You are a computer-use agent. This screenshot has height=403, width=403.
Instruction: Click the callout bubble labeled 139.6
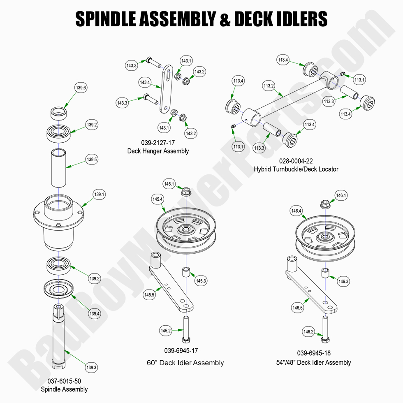click(81, 88)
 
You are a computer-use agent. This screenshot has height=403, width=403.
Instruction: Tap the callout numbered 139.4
click(95, 314)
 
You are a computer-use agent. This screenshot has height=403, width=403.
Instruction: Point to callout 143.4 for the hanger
click(145, 82)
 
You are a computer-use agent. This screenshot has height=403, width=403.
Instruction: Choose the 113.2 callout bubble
click(269, 86)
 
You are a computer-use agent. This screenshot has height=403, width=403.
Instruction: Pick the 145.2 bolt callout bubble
click(165, 330)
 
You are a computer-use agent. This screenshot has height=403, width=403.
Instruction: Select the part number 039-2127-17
click(158, 143)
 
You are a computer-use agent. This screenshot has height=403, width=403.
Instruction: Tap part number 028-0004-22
click(296, 161)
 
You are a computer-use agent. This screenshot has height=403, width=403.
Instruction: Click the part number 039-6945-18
click(314, 353)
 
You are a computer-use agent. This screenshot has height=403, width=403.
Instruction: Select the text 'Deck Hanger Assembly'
click(158, 151)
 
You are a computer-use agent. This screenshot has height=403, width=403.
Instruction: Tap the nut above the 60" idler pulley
click(186, 191)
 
